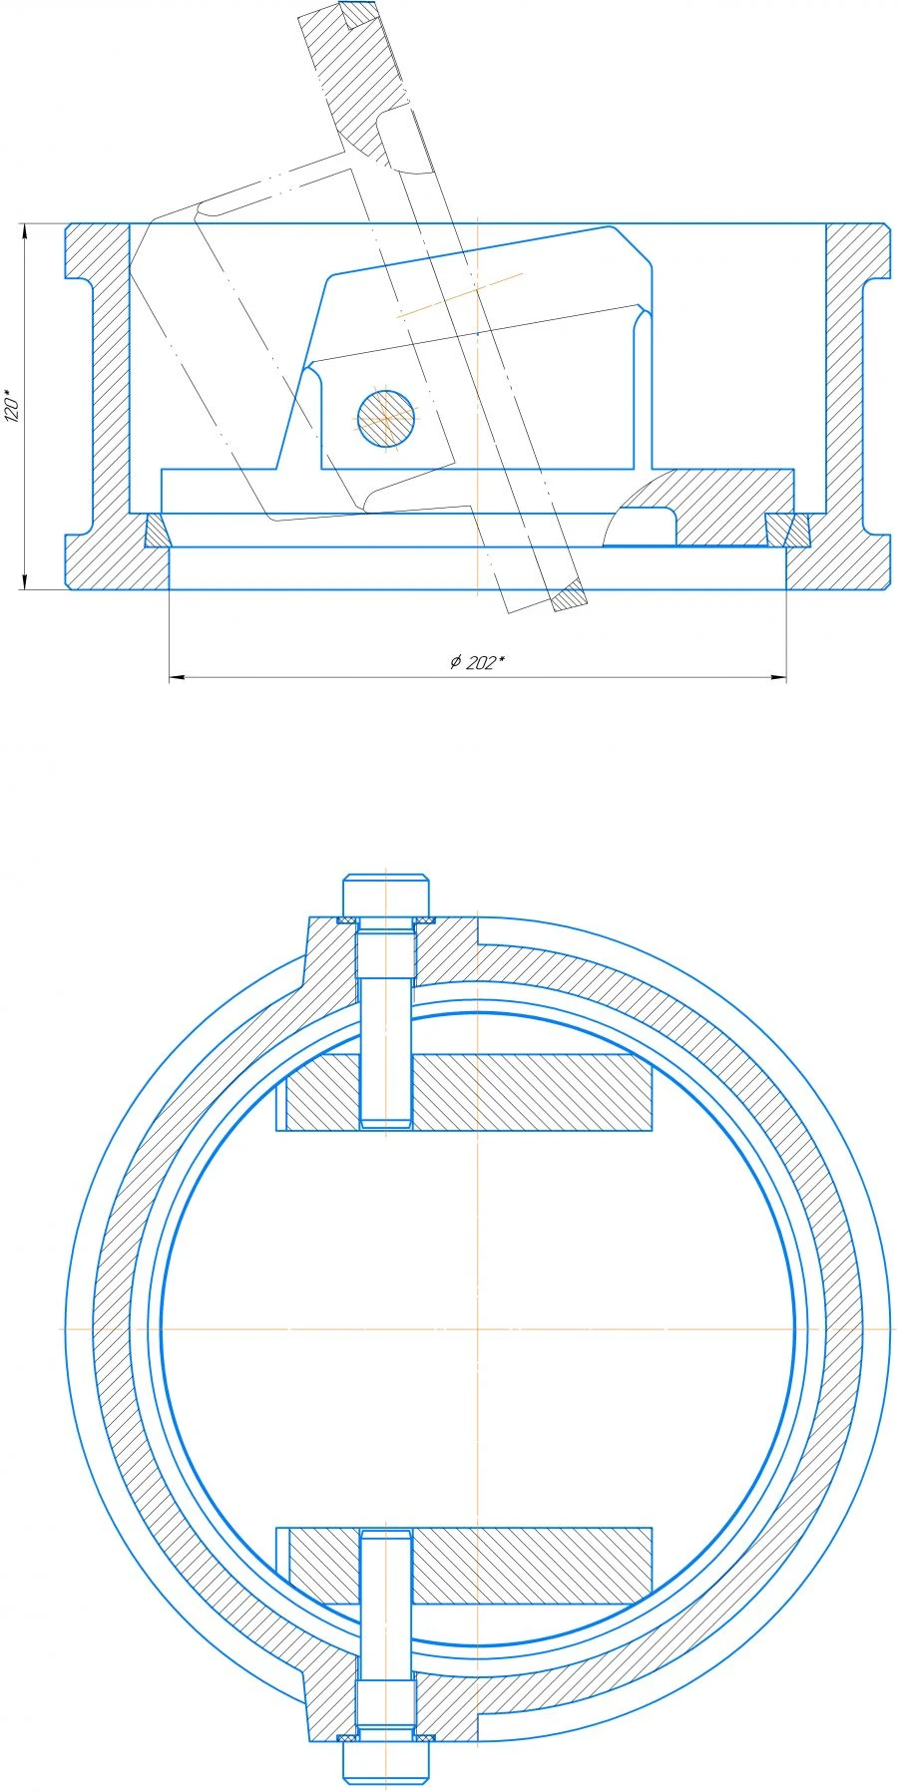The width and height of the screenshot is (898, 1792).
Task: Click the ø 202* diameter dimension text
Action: [x=477, y=662]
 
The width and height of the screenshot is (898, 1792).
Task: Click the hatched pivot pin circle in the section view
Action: [x=385, y=417]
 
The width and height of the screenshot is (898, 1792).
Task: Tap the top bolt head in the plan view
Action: [x=386, y=895]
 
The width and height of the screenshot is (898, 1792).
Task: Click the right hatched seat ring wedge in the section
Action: [x=787, y=530]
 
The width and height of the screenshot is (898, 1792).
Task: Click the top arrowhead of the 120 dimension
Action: [x=23, y=230]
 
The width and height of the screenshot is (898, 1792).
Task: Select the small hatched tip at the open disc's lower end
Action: [x=569, y=596]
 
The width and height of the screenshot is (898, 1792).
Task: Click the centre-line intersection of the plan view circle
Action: [x=478, y=1328]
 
